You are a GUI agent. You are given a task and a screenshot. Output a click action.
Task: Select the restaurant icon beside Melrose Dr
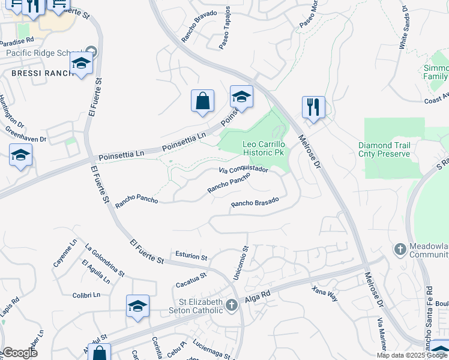point(313,108)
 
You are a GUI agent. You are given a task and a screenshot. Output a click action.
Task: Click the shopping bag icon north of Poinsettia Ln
point(203,101)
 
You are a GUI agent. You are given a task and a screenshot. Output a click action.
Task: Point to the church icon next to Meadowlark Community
point(400,248)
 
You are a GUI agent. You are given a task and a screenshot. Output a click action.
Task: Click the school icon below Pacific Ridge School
point(81,63)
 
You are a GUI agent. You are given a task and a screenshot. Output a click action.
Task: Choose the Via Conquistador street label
point(243,170)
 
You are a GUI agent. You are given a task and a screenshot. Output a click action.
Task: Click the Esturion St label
point(191,256)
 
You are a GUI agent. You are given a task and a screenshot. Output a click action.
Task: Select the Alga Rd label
point(258,297)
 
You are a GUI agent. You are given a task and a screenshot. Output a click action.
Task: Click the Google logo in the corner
point(20,353)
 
